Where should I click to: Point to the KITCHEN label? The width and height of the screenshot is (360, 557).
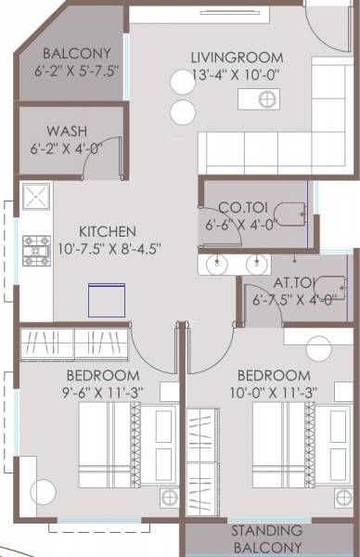(x=108, y=231)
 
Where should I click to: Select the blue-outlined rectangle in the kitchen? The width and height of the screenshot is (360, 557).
(x=106, y=300)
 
